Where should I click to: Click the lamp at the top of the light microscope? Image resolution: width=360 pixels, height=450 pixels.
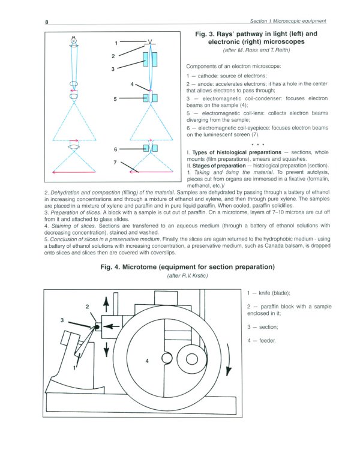coord(74,42)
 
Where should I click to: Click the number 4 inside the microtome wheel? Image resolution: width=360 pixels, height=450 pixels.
coord(147,361)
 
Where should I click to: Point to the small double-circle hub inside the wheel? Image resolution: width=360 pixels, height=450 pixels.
coord(195,359)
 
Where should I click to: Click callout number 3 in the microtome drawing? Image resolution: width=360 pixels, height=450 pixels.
coord(62,320)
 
